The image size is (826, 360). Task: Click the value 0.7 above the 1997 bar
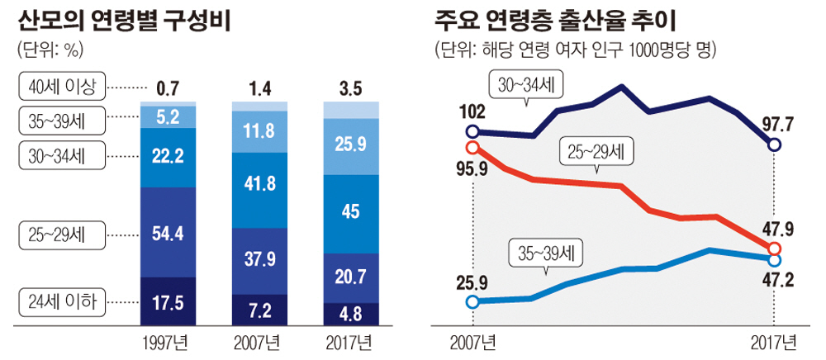pos(169,86)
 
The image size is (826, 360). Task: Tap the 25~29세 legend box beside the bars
pos(60,234)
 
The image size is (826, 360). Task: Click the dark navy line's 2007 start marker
pos(472,131)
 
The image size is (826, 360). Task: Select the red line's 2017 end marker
pos(774,249)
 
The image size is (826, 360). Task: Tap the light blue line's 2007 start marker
pos(472,301)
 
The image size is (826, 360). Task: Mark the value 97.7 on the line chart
pos(778,123)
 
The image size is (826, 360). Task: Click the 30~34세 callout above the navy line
pos(525,85)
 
